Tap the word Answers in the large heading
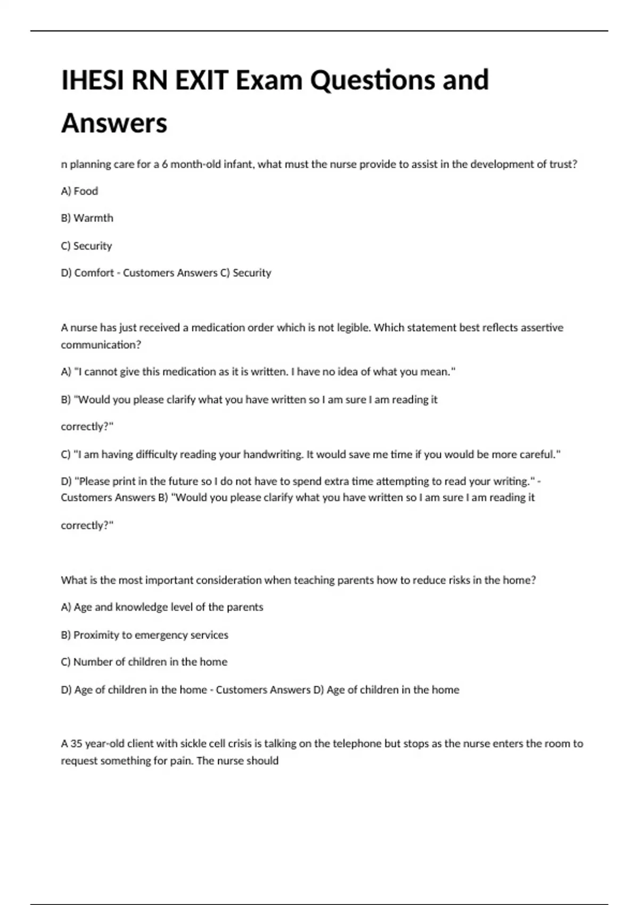click(114, 124)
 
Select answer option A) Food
click(79, 191)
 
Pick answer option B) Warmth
click(87, 218)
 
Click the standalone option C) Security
click(86, 246)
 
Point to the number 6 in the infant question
click(165, 164)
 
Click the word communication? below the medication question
click(101, 345)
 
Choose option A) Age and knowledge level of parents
click(162, 607)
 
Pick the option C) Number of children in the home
click(144, 662)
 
